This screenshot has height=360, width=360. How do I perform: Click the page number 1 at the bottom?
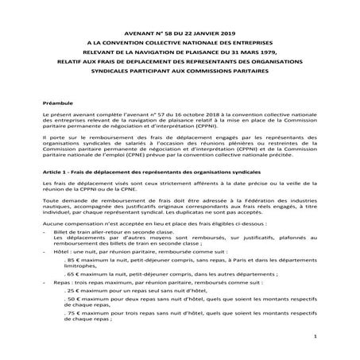pyautogui.click(x=315, y=337)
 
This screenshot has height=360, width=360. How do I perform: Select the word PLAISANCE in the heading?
pyautogui.click(x=208, y=48)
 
